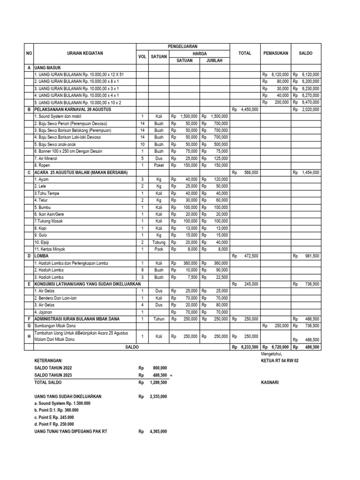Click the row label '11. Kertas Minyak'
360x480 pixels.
click(49, 249)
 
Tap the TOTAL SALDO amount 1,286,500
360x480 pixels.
click(157, 382)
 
